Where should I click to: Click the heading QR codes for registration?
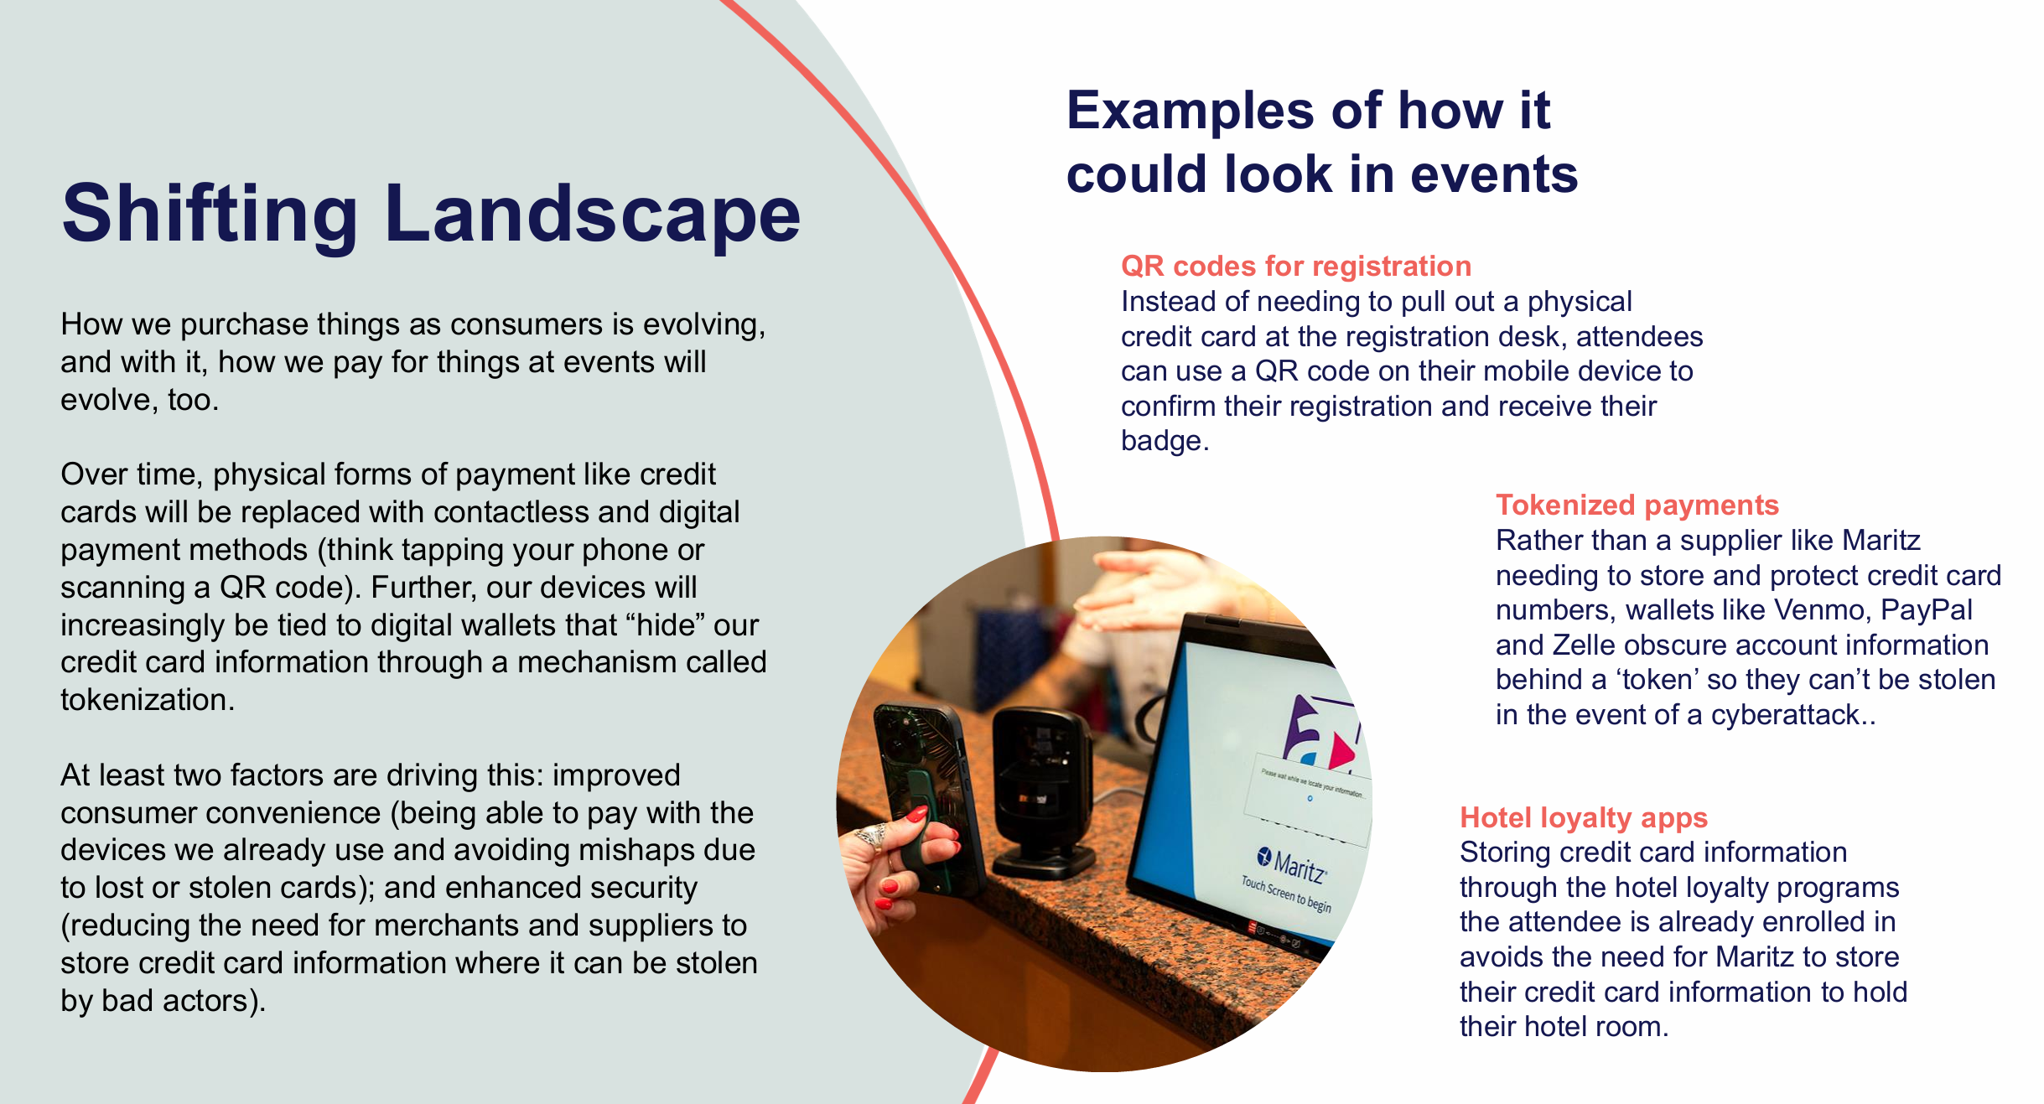[1296, 266]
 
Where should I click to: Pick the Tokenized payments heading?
[1637, 505]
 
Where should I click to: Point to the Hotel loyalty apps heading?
[1584, 817]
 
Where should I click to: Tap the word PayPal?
[1927, 609]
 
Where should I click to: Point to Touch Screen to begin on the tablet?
[1286, 894]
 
